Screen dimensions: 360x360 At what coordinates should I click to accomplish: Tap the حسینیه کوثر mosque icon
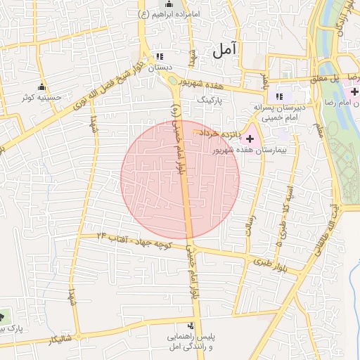coord(41,87)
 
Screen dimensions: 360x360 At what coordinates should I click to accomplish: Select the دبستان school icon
coord(160,56)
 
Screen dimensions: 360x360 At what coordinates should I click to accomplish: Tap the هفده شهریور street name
coord(200,82)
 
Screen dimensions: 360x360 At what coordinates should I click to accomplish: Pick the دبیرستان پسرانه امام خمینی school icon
coord(279,96)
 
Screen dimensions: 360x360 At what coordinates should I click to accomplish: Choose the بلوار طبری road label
coord(263,262)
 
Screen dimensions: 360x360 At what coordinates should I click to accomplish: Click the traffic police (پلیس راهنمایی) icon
coord(191,326)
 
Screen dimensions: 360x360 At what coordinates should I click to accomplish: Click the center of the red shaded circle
coord(180,179)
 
